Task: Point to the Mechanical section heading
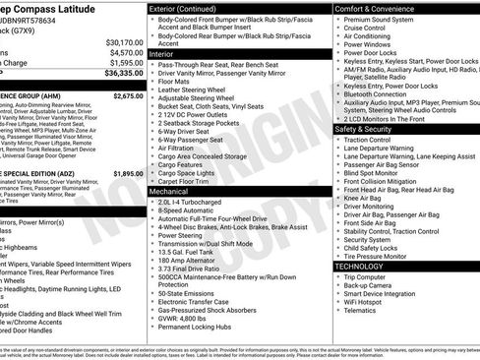coord(178,190)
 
